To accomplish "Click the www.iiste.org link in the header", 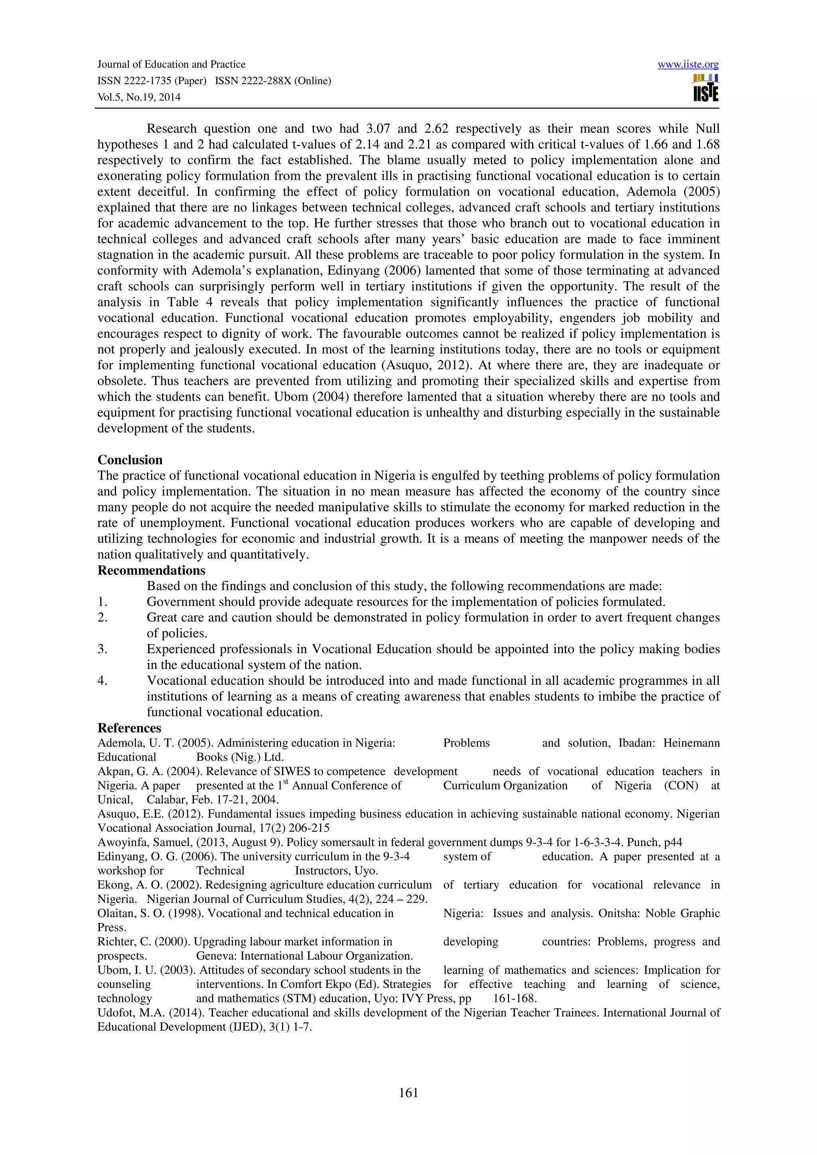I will (688, 65).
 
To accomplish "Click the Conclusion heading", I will (130, 460).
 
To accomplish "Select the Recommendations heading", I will (151, 570).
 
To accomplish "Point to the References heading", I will (129, 728).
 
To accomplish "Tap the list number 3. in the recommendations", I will (103, 649).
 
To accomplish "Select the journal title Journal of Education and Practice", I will (171, 65).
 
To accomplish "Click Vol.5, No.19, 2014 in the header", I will (138, 97).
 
